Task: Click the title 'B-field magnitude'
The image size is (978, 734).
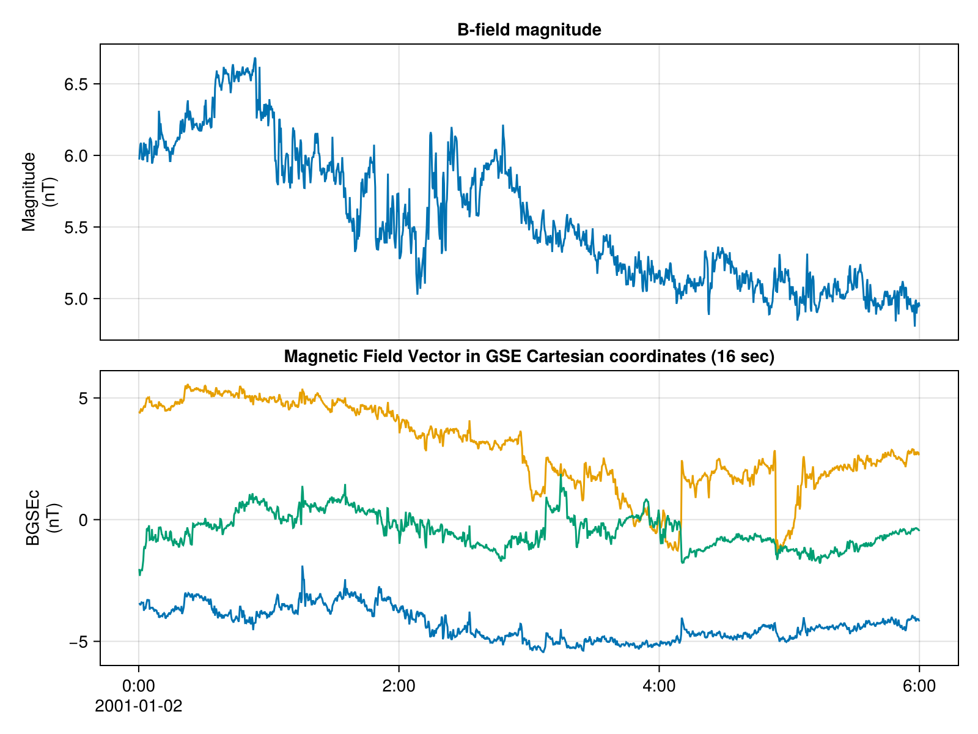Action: (x=529, y=30)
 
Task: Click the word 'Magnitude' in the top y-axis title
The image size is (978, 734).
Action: (x=29, y=192)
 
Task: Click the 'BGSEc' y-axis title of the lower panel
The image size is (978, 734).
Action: (x=32, y=517)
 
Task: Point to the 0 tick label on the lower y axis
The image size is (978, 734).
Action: (x=85, y=520)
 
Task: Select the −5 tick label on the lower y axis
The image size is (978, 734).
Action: (x=79, y=642)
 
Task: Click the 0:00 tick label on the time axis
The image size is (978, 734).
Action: (x=139, y=686)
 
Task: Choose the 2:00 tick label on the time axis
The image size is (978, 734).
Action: (x=399, y=686)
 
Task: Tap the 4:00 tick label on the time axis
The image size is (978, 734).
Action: (x=659, y=686)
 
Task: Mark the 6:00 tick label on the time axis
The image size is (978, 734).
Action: (x=919, y=686)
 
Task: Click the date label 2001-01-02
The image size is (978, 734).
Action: (x=139, y=706)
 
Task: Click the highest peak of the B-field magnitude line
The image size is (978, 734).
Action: (x=255, y=59)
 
